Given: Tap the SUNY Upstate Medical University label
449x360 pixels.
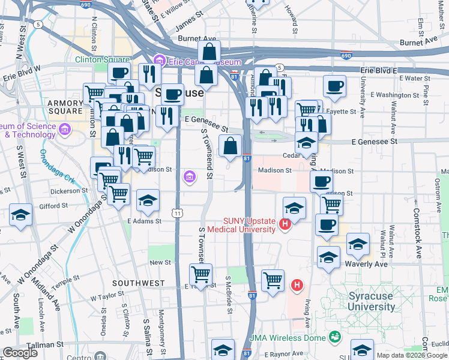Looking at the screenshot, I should coord(241,224).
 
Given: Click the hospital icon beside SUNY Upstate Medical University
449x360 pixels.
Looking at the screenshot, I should coord(286,225).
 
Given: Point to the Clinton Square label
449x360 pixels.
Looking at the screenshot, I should coord(102,59).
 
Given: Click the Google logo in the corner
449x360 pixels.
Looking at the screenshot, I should coord(20,352).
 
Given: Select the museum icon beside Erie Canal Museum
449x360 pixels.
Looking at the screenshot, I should coord(158,61).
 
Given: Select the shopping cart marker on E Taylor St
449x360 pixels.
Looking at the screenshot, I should coord(200,274).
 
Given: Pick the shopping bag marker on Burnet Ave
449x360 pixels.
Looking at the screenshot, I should coord(209,51).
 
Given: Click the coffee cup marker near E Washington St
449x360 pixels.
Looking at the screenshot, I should coord(334,85).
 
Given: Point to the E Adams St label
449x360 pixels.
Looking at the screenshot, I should coord(144,221).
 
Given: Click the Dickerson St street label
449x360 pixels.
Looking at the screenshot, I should coord(69,191).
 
